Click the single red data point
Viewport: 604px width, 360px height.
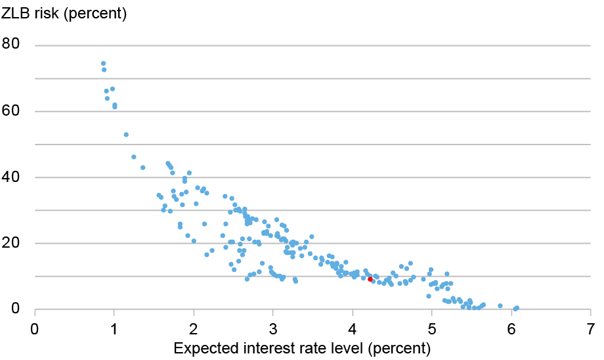click(x=370, y=279)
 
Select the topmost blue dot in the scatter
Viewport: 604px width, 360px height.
click(x=103, y=64)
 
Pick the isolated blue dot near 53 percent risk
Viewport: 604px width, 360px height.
click(x=126, y=135)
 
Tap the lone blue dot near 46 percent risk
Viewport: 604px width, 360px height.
click(x=134, y=157)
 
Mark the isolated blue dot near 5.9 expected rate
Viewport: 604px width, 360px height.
click(x=500, y=305)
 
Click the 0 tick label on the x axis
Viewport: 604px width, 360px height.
click(x=35, y=326)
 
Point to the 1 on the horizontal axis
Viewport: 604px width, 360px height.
click(x=114, y=326)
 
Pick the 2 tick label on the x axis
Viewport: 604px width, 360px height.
click(x=194, y=326)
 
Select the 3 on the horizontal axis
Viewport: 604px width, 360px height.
click(x=273, y=326)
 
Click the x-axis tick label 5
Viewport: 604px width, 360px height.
click(x=432, y=326)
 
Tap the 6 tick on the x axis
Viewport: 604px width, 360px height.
click(x=511, y=326)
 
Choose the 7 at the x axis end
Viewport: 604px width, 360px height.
click(x=590, y=326)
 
